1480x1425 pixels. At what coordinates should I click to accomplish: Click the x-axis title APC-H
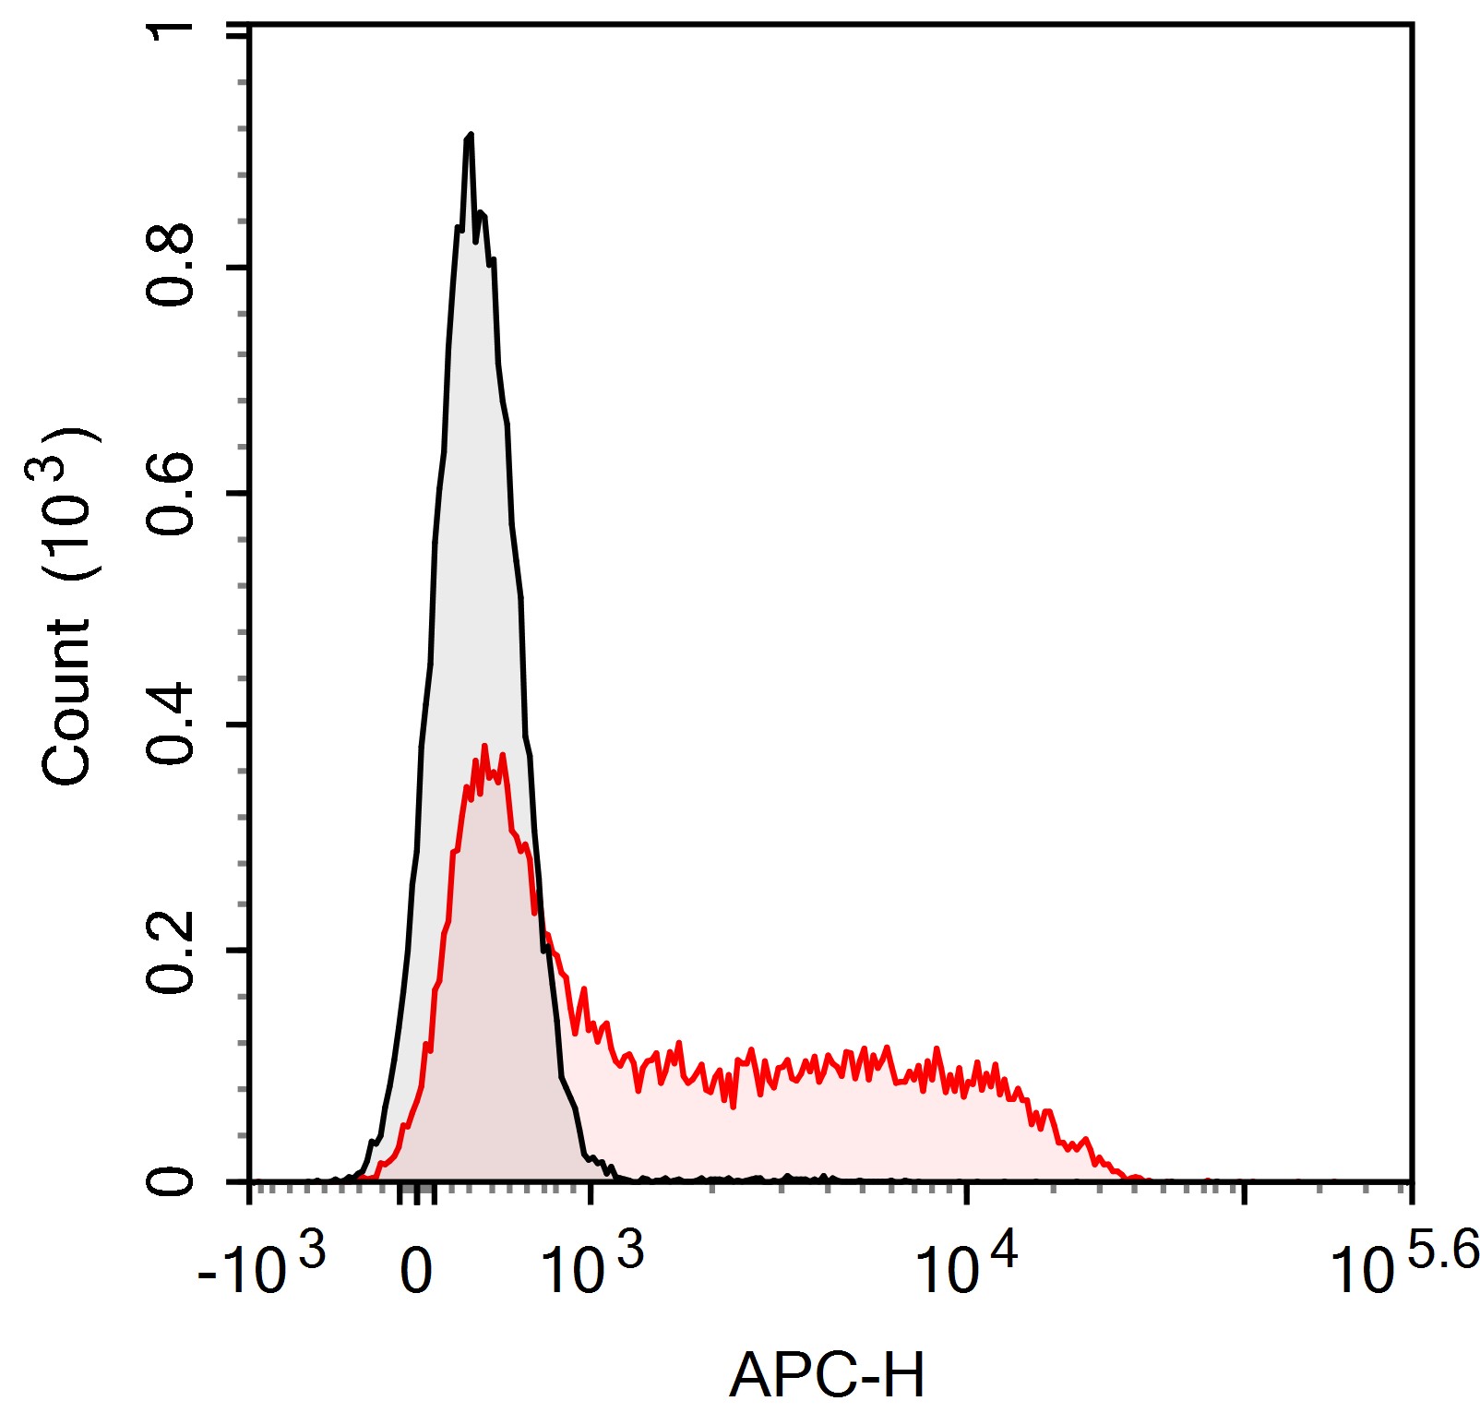tap(826, 1375)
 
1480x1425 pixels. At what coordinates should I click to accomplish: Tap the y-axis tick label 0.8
tap(171, 266)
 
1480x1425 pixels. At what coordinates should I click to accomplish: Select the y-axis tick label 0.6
tap(171, 495)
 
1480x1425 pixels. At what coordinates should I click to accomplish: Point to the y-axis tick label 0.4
tap(171, 725)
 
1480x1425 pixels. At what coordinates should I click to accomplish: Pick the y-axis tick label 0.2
tap(171, 952)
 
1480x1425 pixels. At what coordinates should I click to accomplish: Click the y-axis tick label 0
tap(171, 1181)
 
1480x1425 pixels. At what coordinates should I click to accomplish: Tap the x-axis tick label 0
tap(416, 1272)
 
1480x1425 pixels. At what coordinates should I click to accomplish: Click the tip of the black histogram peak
tap(471, 135)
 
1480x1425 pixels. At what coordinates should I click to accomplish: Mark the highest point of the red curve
tap(484, 746)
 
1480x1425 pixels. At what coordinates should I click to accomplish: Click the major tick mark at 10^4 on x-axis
tap(966, 1192)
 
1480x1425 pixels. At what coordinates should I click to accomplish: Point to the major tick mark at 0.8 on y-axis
tap(238, 268)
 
